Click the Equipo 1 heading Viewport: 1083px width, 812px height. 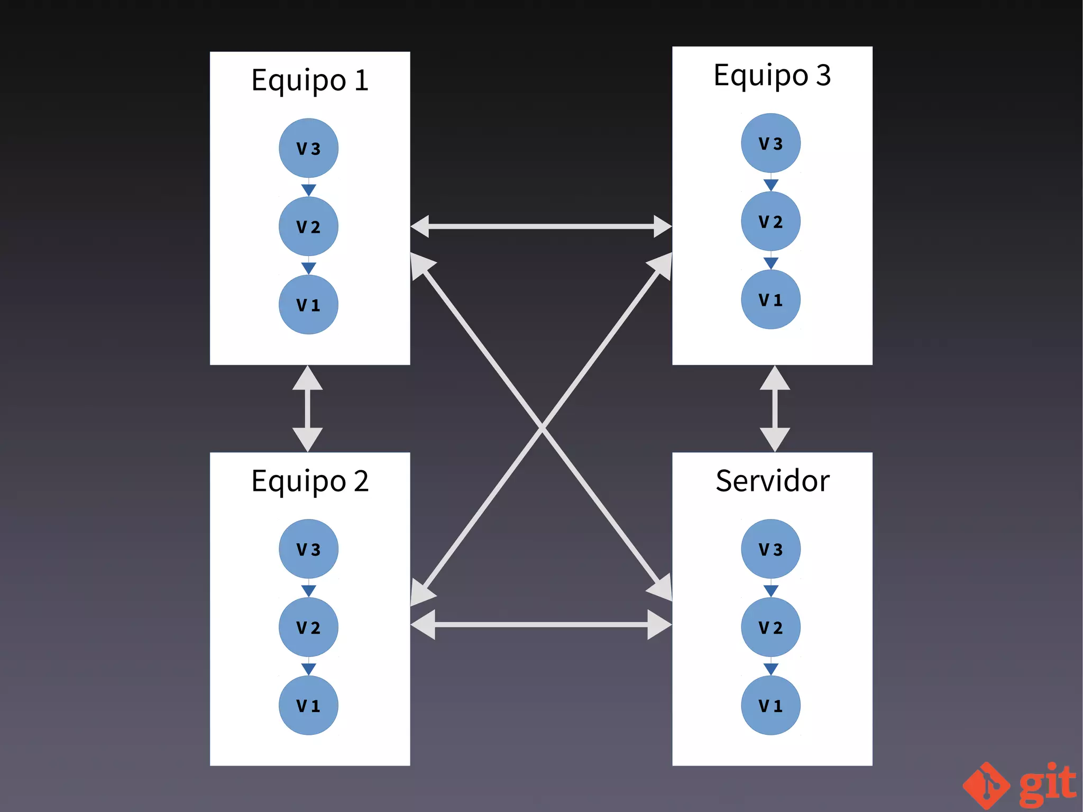click(310, 80)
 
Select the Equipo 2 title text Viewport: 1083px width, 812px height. click(310, 481)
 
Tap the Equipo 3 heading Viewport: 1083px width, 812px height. click(772, 75)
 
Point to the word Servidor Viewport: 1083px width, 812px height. click(772, 481)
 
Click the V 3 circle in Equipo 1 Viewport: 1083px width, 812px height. click(308, 148)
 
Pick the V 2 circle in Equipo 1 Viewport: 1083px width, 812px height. click(308, 226)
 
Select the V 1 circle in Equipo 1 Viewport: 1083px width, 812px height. click(308, 305)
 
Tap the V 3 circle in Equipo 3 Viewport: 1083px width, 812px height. click(770, 143)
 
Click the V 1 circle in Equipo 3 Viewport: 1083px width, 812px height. click(770, 299)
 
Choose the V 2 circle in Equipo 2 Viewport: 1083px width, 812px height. click(308, 627)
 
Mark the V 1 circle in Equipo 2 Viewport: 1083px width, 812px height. click(308, 705)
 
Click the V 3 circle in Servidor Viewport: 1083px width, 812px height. click(770, 549)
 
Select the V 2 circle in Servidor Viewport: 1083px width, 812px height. click(770, 627)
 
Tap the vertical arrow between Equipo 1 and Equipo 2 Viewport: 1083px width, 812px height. click(308, 408)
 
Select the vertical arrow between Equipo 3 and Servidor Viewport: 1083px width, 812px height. click(775, 408)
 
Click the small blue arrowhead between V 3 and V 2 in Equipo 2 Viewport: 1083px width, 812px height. click(308, 590)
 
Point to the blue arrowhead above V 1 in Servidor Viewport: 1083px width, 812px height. click(771, 669)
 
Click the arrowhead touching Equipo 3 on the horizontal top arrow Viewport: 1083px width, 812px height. click(662, 226)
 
